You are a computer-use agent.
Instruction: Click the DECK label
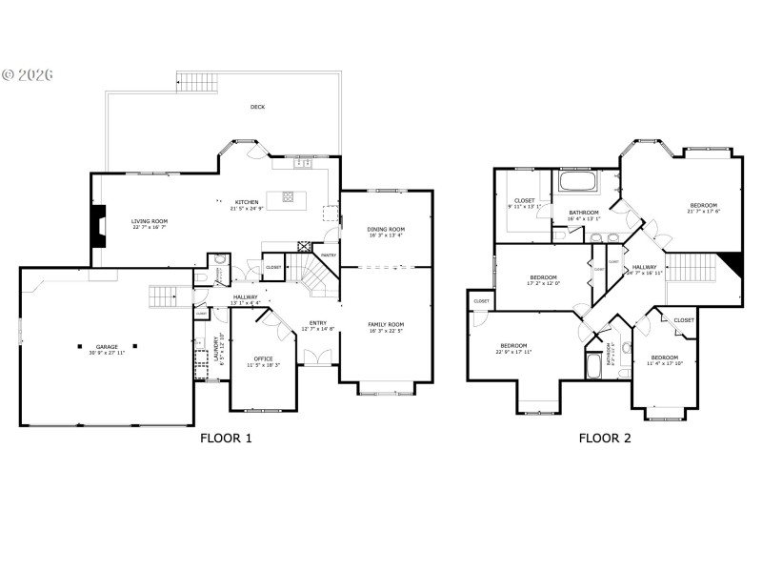(x=257, y=107)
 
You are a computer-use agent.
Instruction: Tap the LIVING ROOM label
(x=150, y=221)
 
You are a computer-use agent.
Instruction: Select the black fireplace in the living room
(x=97, y=225)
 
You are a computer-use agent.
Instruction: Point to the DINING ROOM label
(x=386, y=229)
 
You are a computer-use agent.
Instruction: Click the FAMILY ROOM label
(x=386, y=325)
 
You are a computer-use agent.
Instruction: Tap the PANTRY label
(x=329, y=255)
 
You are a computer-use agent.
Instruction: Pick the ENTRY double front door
(x=316, y=357)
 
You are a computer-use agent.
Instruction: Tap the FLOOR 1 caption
(x=226, y=439)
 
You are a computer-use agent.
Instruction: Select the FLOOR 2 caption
(x=606, y=439)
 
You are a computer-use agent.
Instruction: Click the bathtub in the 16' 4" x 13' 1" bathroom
(x=577, y=181)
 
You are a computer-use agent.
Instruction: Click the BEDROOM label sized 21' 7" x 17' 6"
(x=704, y=205)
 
